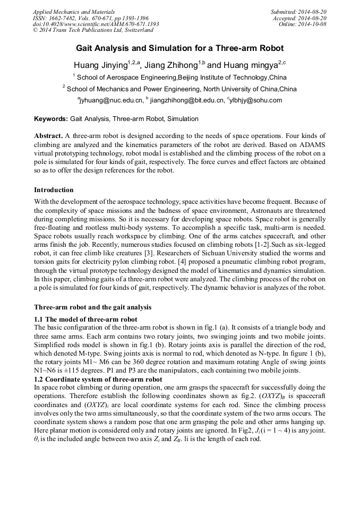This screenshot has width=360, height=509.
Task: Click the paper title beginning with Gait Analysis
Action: point(179,48)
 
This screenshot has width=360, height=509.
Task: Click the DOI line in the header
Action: point(96,24)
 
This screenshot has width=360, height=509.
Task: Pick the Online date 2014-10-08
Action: point(302,24)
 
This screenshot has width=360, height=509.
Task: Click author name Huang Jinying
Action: point(101,65)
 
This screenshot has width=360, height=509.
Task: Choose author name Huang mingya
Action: point(250,65)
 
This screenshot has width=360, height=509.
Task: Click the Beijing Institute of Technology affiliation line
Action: point(179,77)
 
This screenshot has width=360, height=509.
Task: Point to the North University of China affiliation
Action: point(179,89)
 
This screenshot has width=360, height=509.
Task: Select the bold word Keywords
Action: point(51,119)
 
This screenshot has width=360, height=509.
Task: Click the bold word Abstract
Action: point(48,136)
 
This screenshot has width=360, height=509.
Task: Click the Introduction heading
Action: point(54,190)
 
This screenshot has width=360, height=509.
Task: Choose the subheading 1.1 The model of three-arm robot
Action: point(85,320)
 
